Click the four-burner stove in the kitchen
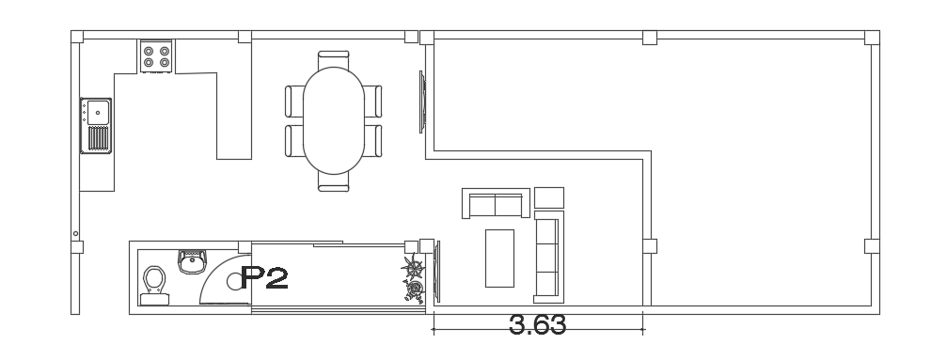(x=156, y=56)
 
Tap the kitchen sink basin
(x=98, y=112)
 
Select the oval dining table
(x=334, y=120)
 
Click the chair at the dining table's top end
(x=333, y=60)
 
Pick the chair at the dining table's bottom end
(x=334, y=182)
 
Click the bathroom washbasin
(x=193, y=261)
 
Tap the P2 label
(x=265, y=277)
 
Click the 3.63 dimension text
(x=538, y=325)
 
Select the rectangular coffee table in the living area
(x=499, y=258)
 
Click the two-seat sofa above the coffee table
(x=496, y=203)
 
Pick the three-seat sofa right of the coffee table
(x=548, y=257)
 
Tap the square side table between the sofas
(x=549, y=198)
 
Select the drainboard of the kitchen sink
(x=99, y=139)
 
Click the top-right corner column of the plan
(x=872, y=38)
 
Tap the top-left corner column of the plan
(x=77, y=37)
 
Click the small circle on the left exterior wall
(x=75, y=234)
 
